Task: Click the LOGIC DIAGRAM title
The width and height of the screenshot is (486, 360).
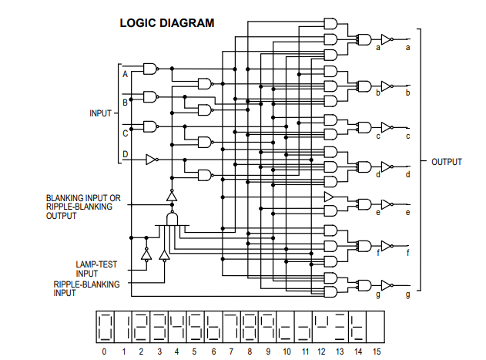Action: (x=166, y=23)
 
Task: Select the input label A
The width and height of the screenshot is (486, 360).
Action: (x=125, y=74)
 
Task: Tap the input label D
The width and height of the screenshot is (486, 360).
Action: (x=125, y=155)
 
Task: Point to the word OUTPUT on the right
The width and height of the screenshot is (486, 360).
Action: (x=446, y=162)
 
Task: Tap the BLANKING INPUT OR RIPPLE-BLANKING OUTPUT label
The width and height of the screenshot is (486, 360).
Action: (x=84, y=207)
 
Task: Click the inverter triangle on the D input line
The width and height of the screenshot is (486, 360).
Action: (x=152, y=160)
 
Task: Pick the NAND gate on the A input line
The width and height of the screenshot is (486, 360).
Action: (x=149, y=69)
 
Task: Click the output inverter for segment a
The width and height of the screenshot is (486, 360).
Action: (x=387, y=38)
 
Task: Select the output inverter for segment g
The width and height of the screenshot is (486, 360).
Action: (x=387, y=284)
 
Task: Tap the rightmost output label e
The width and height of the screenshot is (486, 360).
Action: (x=407, y=212)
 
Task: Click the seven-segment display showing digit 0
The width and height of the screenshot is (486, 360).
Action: (x=105, y=327)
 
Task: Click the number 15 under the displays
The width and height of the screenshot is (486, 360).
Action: (x=376, y=352)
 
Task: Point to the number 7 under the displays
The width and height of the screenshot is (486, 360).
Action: (x=231, y=352)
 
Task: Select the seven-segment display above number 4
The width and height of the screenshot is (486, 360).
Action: (x=176, y=327)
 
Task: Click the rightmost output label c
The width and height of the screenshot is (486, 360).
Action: (x=407, y=136)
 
